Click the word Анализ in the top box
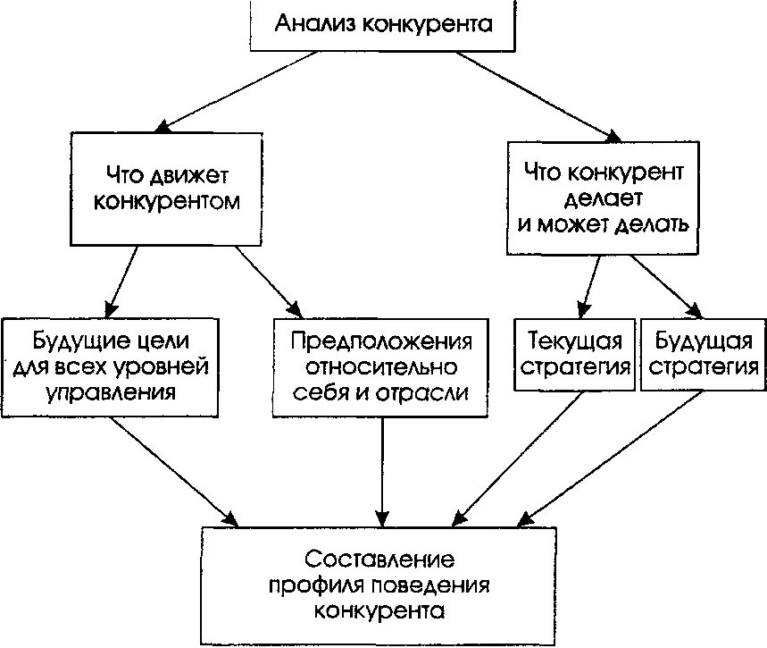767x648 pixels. point(313,23)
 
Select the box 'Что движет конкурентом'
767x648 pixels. point(166,188)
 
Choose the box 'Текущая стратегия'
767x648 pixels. point(573,354)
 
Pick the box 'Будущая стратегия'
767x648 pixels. point(703,354)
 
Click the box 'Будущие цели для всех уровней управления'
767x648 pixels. point(111,366)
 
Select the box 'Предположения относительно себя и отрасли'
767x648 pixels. point(381,366)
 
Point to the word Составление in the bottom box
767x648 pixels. point(379,560)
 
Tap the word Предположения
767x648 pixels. point(381,341)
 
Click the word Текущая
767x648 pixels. point(573,341)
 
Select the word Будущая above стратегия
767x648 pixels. point(703,341)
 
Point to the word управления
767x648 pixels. point(111,391)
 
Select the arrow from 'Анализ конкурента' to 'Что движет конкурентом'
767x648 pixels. point(237,90)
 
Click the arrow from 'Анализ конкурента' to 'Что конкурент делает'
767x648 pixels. point(536,95)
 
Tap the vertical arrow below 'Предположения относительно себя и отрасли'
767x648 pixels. point(382,469)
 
